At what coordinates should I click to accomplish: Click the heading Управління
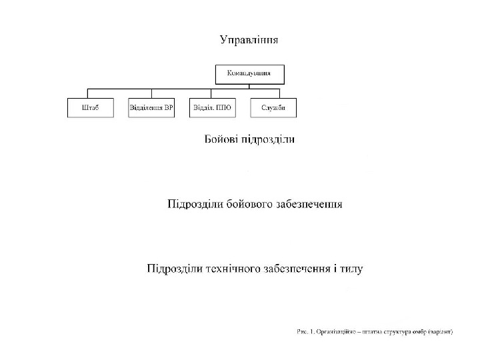tap(249, 39)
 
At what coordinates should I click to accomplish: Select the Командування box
tap(249, 73)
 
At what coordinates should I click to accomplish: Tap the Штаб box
tap(90, 108)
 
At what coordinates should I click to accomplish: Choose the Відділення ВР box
tap(151, 108)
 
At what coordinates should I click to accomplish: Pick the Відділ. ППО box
tap(212, 108)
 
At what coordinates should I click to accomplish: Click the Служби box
tap(273, 108)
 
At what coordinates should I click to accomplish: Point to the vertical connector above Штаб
tap(90, 93)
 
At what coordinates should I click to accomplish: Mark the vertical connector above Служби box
tap(273, 93)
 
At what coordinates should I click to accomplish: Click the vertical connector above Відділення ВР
tap(151, 93)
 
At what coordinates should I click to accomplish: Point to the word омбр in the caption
tap(417, 331)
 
